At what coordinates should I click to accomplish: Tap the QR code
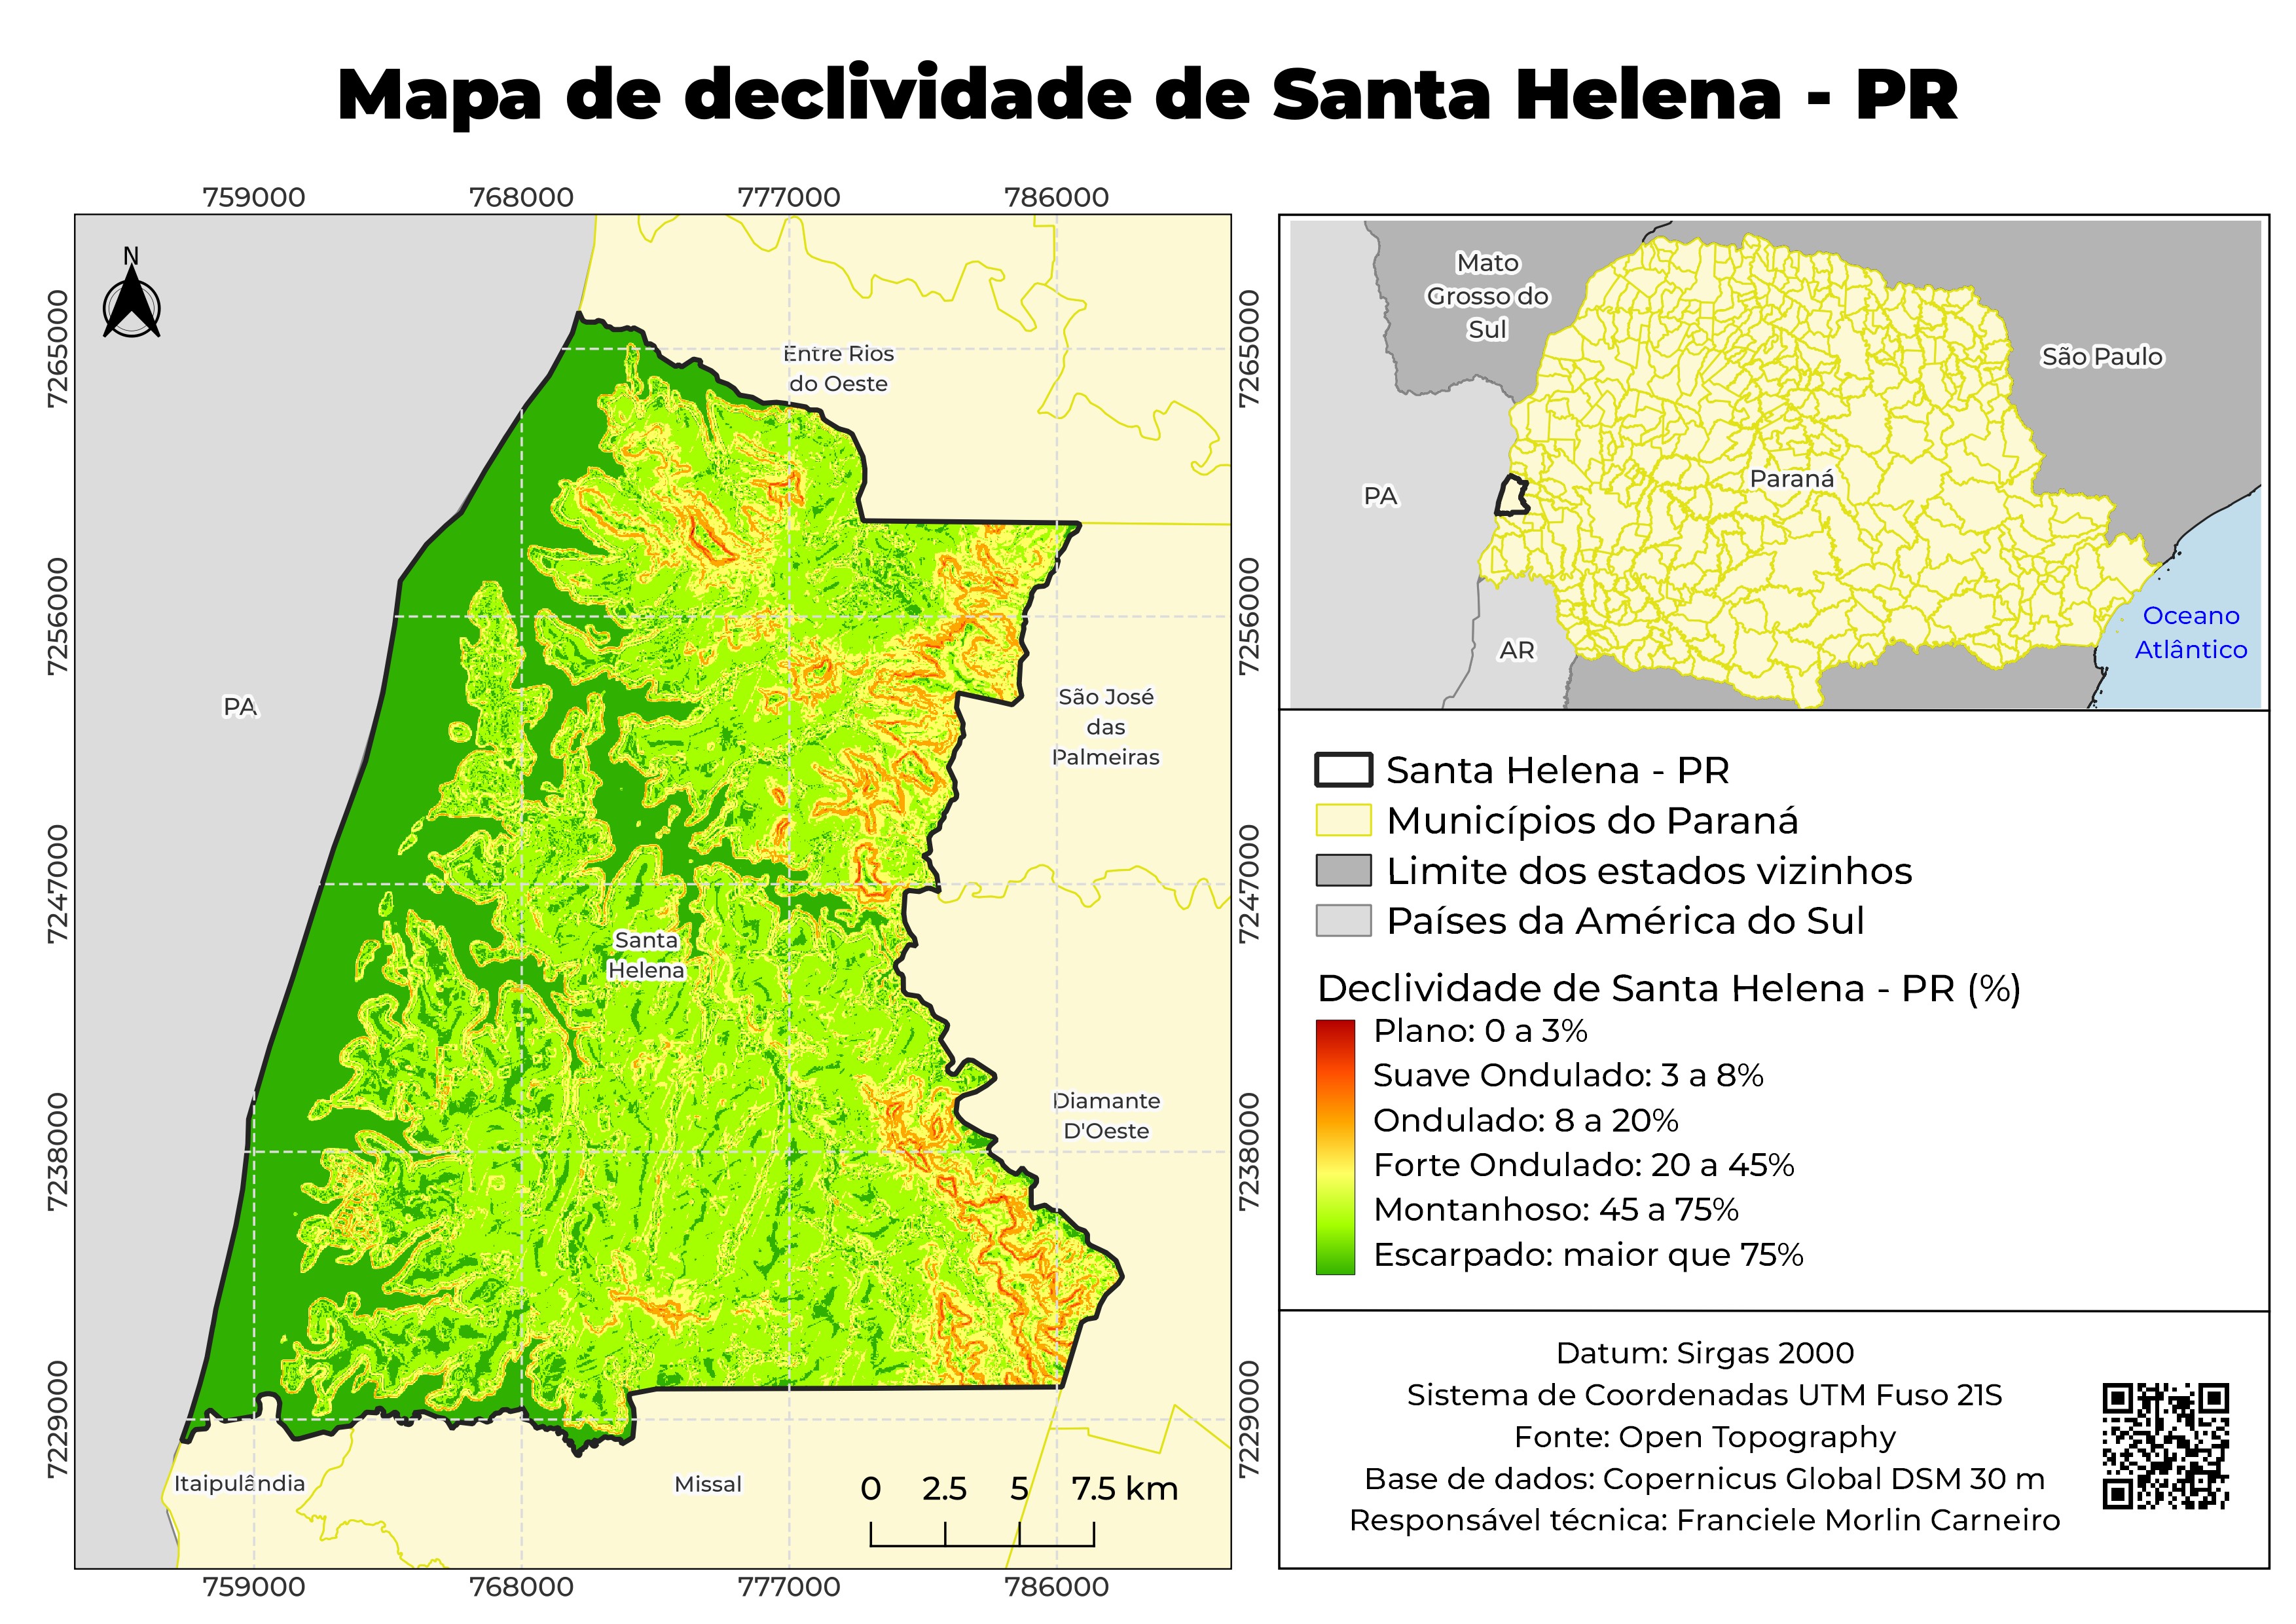[x=2165, y=1446]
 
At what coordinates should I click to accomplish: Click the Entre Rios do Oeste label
[x=838, y=369]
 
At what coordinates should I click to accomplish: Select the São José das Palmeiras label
[x=1105, y=727]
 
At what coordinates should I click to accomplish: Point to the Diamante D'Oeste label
[x=1105, y=1116]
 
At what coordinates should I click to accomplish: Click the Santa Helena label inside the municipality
[x=646, y=955]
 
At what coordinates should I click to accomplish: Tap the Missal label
[x=708, y=1484]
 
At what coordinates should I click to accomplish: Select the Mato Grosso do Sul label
[x=1487, y=296]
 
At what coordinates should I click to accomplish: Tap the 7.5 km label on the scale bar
[x=1124, y=1489]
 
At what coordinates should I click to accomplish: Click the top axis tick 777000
[x=789, y=197]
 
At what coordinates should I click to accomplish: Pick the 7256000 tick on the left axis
[x=58, y=617]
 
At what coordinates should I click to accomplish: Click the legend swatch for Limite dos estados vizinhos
[x=1342, y=871]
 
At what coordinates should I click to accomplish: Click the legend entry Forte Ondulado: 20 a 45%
[x=1583, y=1165]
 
